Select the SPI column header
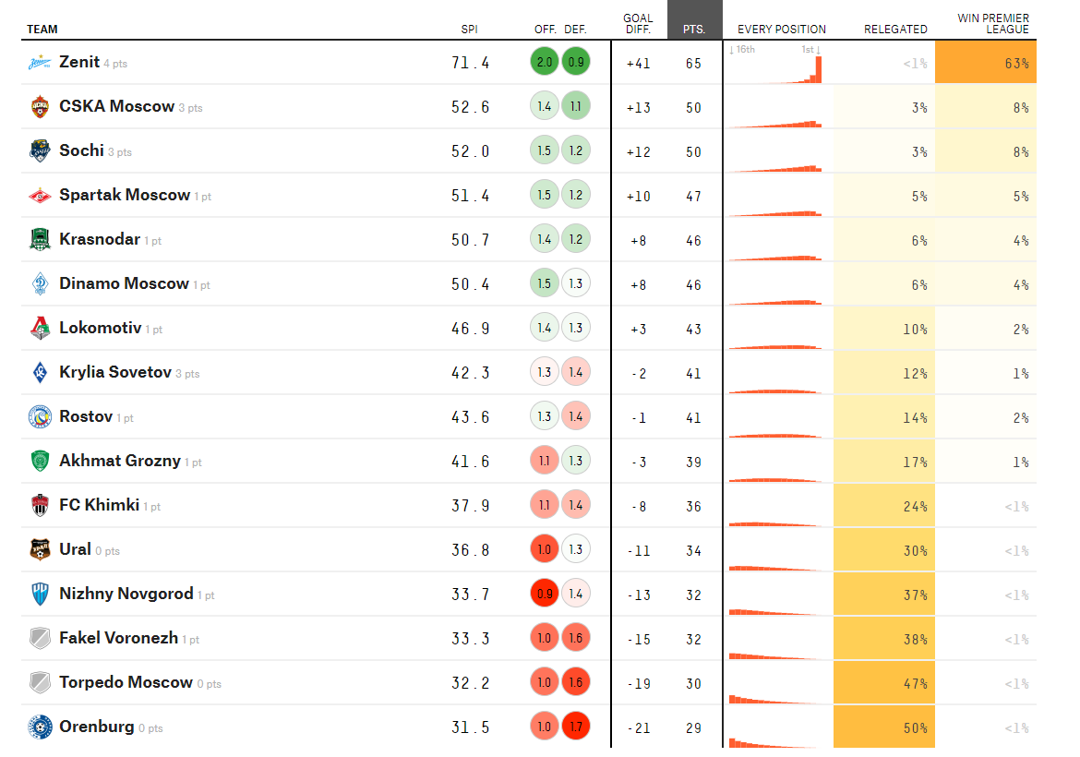[x=469, y=30]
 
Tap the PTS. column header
[x=694, y=30]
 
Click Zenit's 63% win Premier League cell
[x=986, y=63]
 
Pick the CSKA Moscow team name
[x=116, y=106]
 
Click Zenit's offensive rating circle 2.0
[x=544, y=63]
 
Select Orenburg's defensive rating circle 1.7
[x=575, y=727]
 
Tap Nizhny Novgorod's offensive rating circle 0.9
[x=544, y=595]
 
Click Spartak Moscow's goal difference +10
[x=638, y=196]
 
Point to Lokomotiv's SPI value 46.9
[x=471, y=329]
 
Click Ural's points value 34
[x=693, y=550]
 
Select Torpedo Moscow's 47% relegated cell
[x=884, y=683]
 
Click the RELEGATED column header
[x=895, y=30]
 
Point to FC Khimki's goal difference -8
[x=639, y=506]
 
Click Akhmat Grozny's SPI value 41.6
[x=471, y=462]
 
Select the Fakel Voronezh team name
[x=118, y=638]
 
